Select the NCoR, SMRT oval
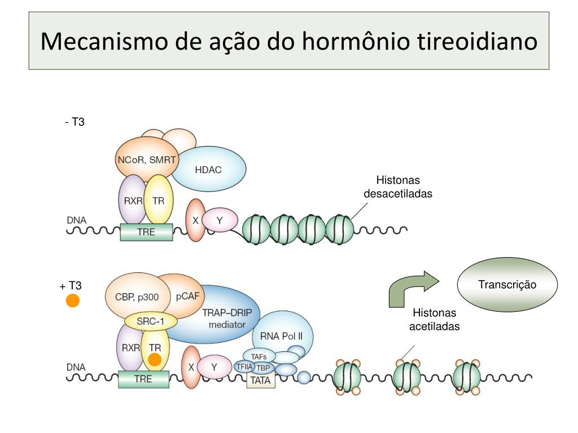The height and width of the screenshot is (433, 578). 146,160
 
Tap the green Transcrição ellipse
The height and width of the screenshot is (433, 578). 507,285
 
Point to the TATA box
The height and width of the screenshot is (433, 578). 260,381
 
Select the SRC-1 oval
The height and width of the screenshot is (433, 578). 150,322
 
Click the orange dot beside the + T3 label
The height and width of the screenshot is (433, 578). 73,301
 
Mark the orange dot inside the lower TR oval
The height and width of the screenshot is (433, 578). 155,360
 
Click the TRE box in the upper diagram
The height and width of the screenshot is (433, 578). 146,232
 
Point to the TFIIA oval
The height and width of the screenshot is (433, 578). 244,366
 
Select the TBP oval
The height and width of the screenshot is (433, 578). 263,368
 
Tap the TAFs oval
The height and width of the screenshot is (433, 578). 259,356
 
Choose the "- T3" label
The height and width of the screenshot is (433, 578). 75,122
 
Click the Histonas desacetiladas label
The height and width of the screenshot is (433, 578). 398,187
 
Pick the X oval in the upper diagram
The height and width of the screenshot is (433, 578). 196,220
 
